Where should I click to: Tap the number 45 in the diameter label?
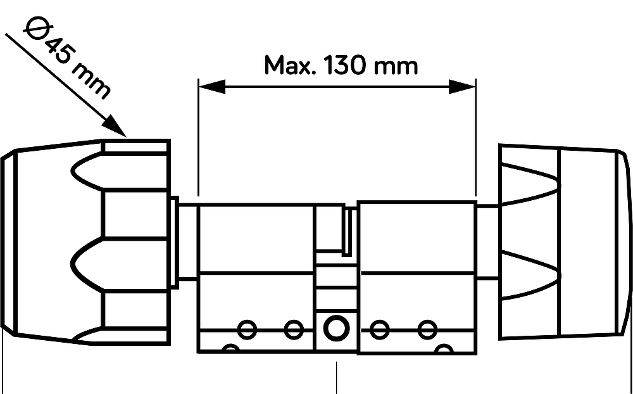58,50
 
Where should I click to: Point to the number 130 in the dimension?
345,65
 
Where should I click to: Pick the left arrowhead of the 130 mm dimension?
212,87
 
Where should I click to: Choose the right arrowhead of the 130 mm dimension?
462,87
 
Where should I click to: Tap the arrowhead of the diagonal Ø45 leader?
114,127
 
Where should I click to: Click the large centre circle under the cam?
337,328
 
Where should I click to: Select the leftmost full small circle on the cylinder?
247,330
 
